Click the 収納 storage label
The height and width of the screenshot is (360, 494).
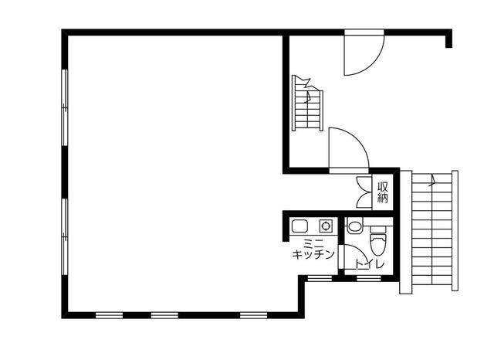383,192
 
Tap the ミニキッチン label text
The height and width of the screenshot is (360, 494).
313,249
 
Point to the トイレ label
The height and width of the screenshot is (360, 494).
370,264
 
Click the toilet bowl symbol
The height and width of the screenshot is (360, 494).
378,240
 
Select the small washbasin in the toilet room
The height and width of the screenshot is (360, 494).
355,226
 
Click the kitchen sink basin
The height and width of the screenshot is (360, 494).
299,226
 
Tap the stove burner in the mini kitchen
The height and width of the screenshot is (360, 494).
326,226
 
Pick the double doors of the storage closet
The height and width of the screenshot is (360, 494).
364,192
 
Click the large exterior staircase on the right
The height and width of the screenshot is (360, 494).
429,232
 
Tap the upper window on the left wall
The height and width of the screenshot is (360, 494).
65,107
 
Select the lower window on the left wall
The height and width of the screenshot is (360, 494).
65,236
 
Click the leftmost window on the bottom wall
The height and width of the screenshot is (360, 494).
110,315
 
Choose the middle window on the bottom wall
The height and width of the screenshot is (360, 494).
164,315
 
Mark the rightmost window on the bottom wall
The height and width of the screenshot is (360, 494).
254,315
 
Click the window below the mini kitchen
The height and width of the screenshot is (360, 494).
320,278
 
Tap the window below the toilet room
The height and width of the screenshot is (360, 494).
369,278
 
